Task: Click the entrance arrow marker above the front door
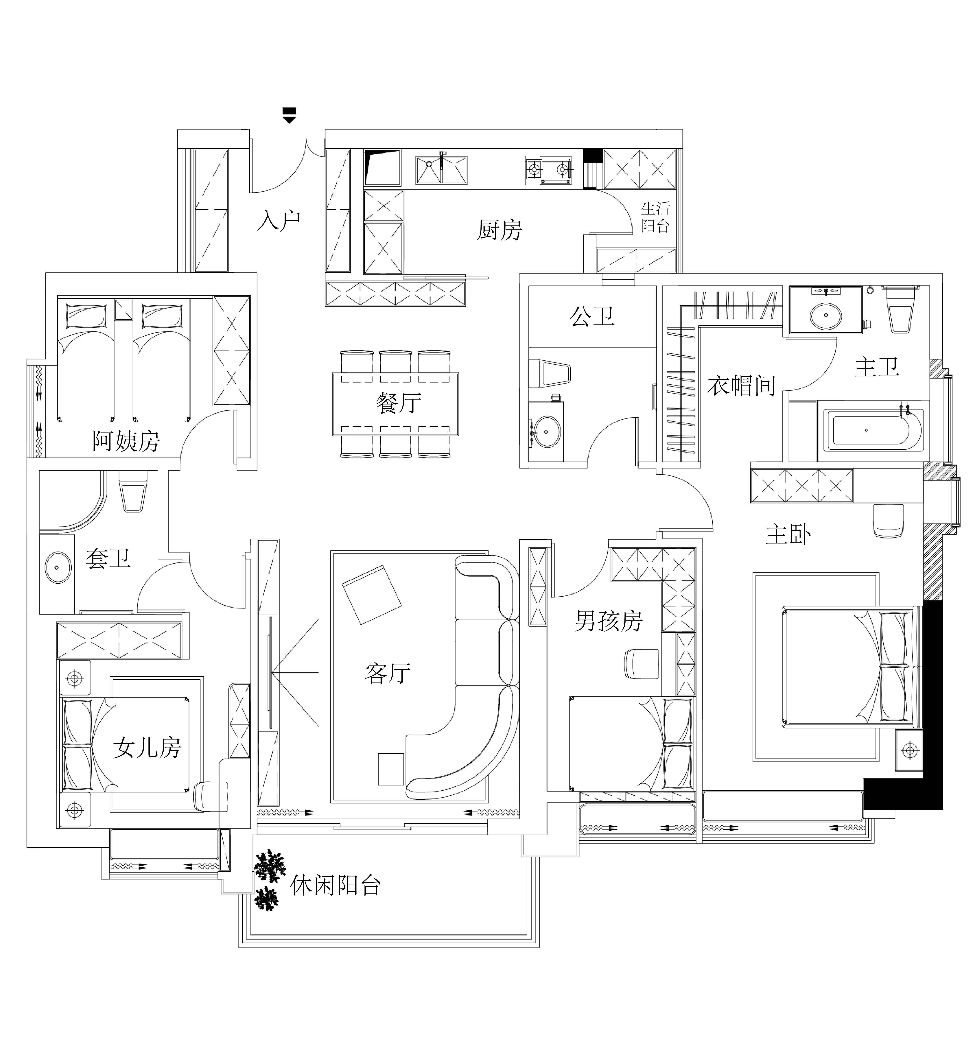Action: pyautogui.click(x=289, y=115)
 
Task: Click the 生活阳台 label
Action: pyautogui.click(x=656, y=217)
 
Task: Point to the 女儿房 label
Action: pyautogui.click(x=147, y=749)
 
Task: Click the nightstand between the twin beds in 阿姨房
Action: pyautogui.click(x=123, y=310)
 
